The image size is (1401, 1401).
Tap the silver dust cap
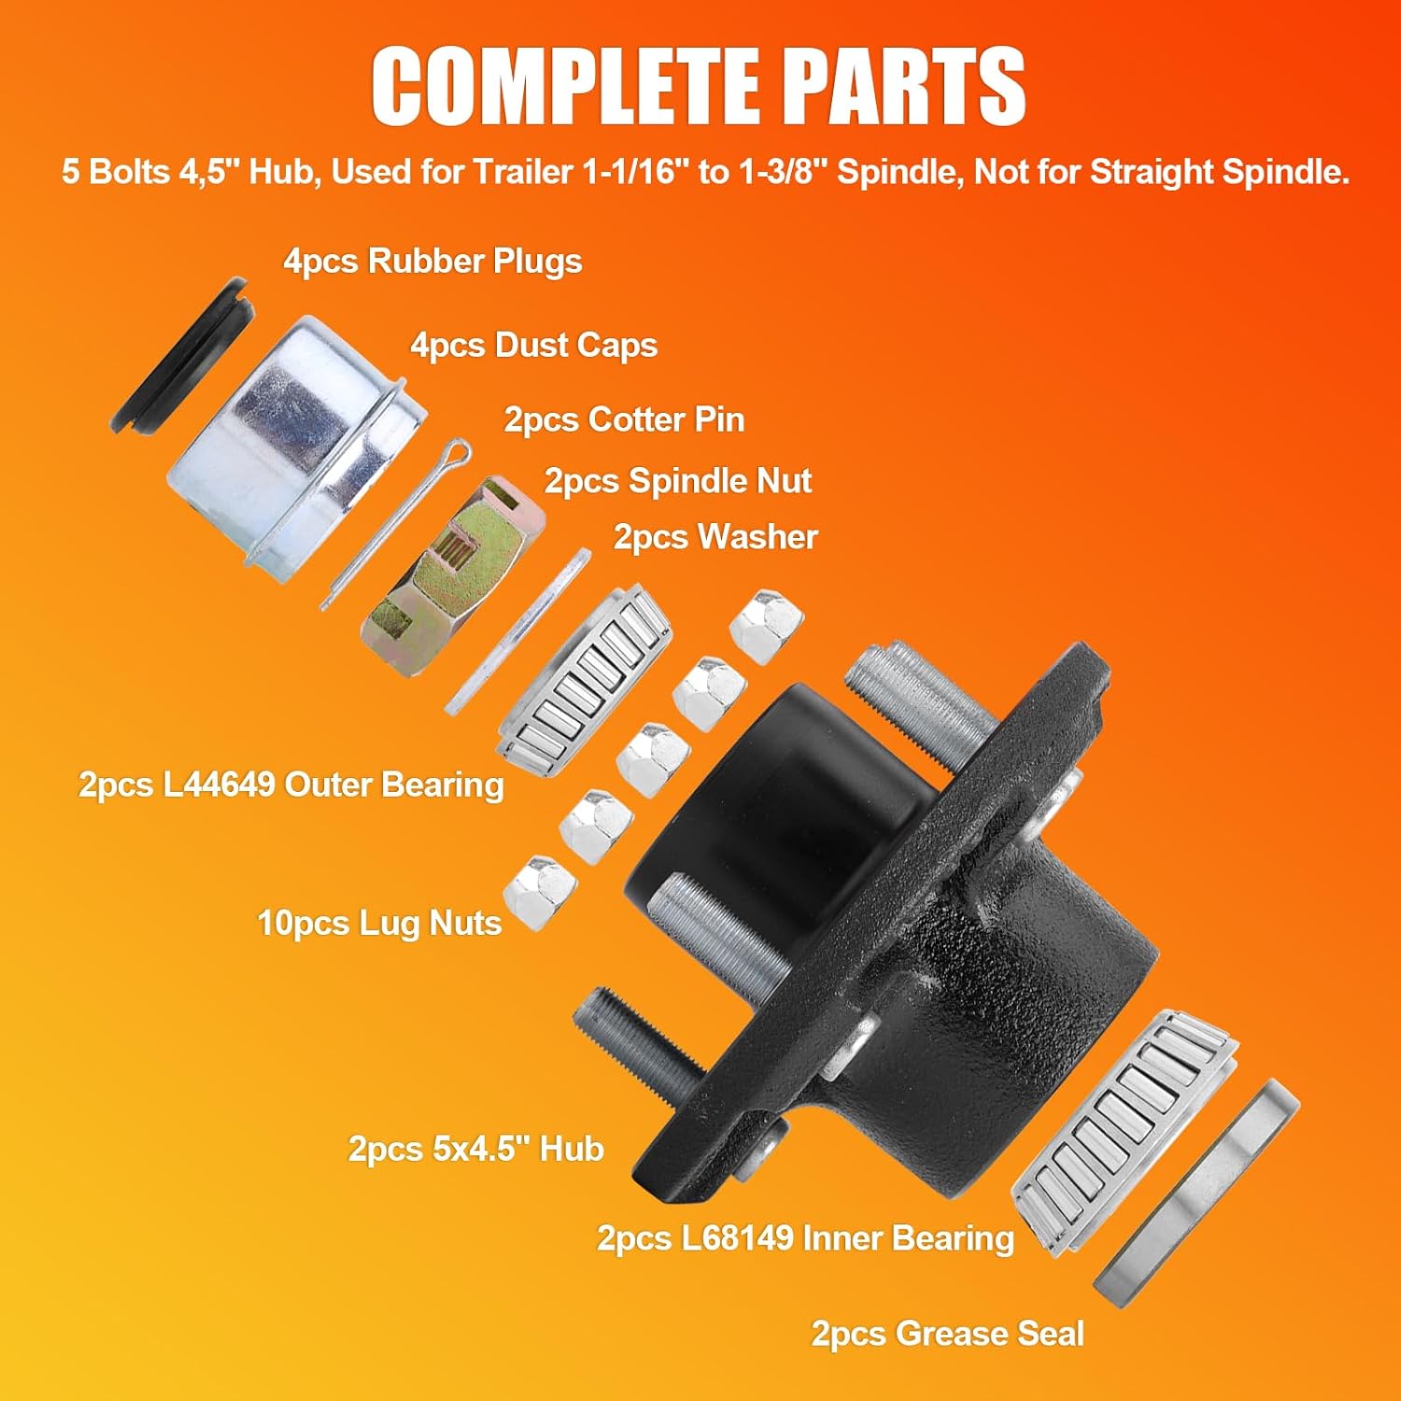click(x=294, y=448)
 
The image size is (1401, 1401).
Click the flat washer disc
click(x=517, y=631)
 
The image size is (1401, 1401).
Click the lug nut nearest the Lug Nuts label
click(x=540, y=893)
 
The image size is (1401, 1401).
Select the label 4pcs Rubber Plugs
click(x=432, y=262)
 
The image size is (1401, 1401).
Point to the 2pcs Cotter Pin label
click(x=624, y=419)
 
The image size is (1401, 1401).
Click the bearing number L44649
click(x=219, y=785)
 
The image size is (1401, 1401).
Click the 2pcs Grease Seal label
click(x=948, y=1334)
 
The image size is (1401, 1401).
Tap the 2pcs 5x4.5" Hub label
click(x=476, y=1149)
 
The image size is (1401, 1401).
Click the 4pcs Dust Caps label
click(x=534, y=346)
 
